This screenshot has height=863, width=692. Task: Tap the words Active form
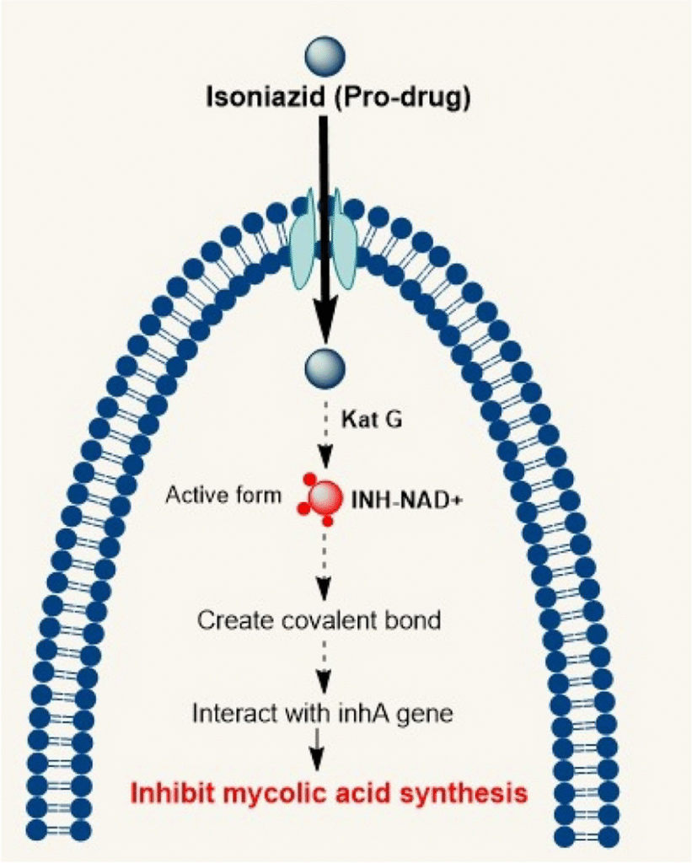click(x=223, y=495)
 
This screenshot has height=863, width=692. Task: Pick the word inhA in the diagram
click(x=380, y=713)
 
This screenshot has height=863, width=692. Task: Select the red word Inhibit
click(x=174, y=793)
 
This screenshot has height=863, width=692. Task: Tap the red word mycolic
click(x=279, y=794)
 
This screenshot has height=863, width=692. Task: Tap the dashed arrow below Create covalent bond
click(x=324, y=662)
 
